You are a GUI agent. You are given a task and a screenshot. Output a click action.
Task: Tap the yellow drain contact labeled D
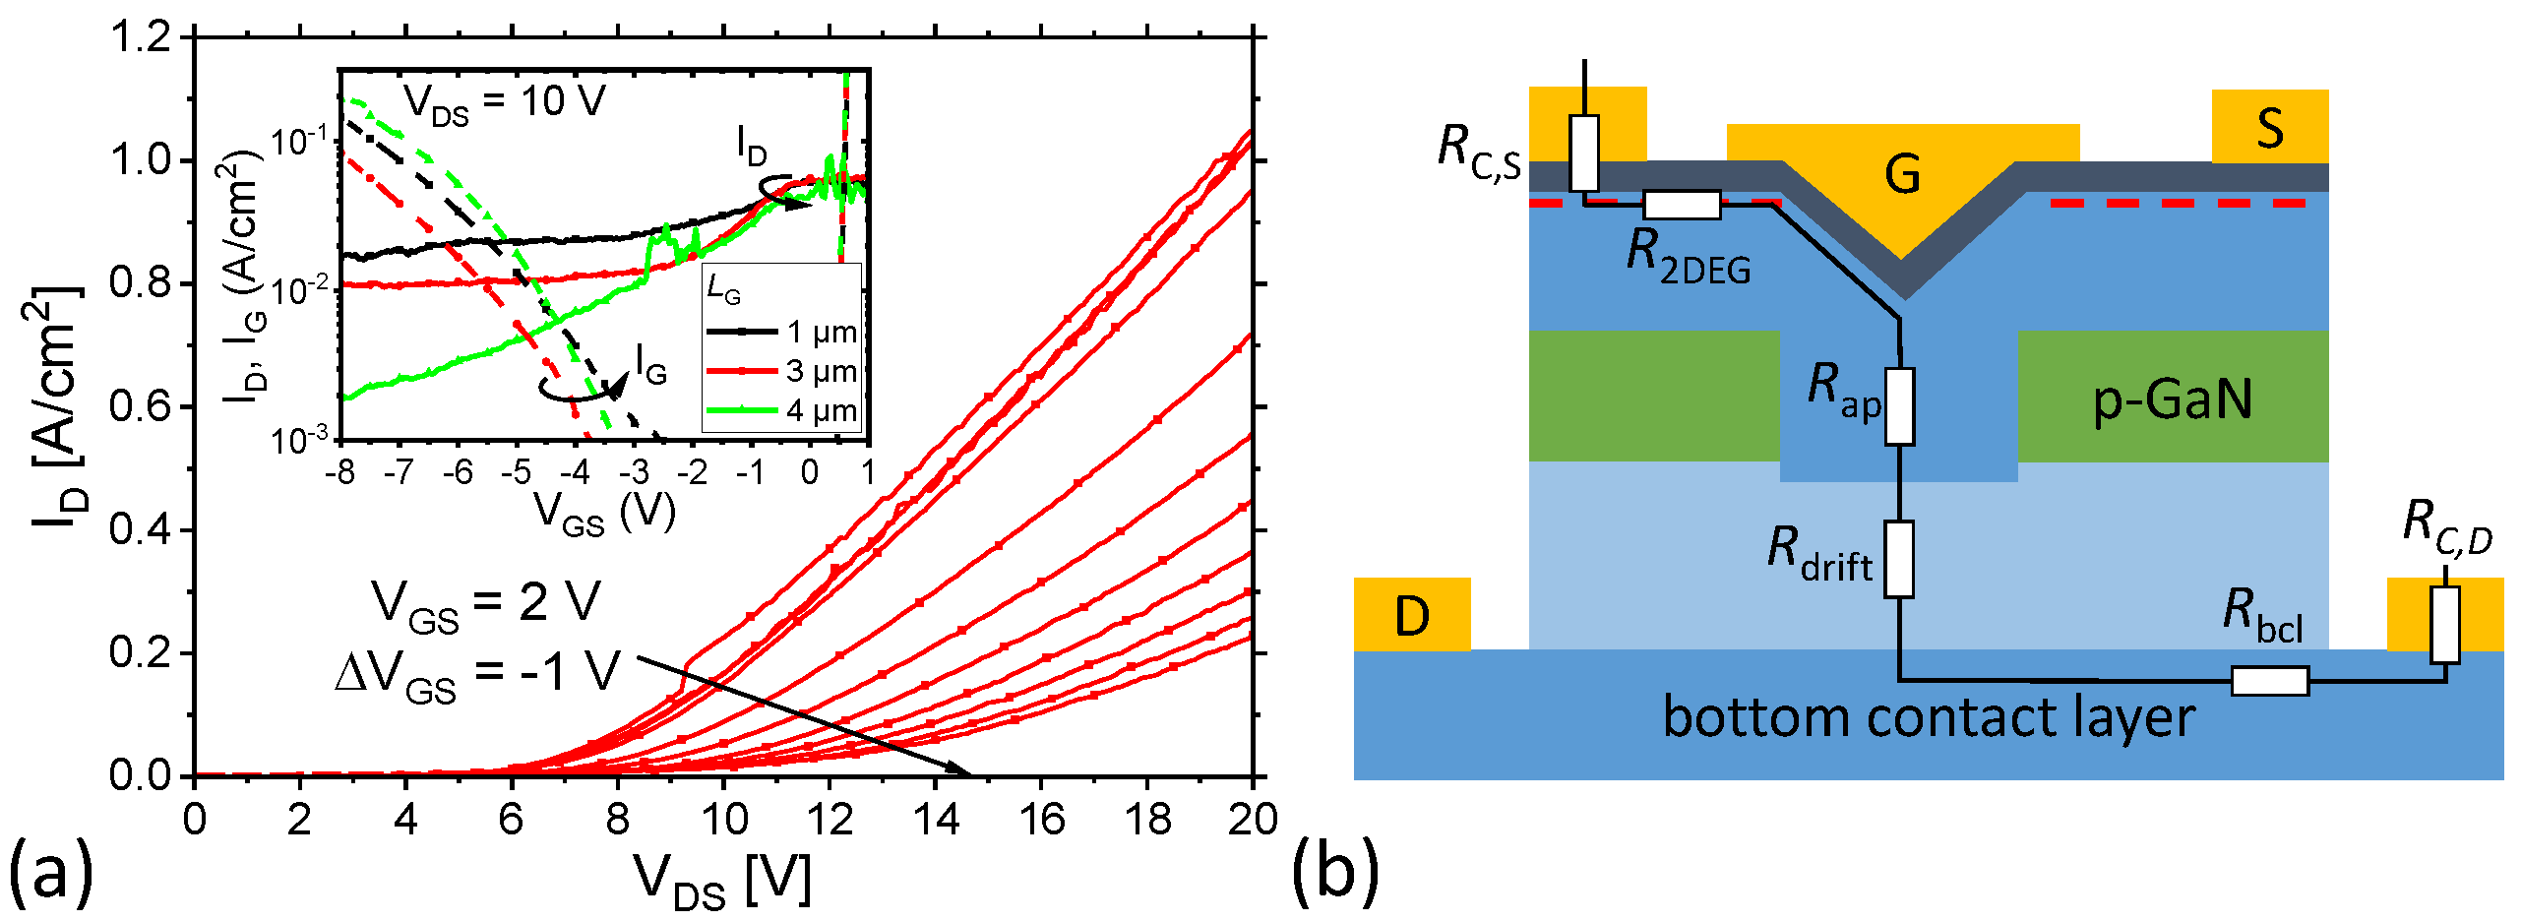1412,615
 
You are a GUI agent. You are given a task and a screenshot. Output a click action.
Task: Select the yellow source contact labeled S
2269,127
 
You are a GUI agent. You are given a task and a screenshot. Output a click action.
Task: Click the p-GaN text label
2172,399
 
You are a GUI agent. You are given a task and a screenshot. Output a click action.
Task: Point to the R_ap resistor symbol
1899,406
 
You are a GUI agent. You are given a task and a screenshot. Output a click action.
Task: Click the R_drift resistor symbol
1899,559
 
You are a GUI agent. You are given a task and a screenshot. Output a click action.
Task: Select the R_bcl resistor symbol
2269,681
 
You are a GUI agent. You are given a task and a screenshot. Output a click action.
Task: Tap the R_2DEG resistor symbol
1682,205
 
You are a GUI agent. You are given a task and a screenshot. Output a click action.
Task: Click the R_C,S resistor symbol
1584,153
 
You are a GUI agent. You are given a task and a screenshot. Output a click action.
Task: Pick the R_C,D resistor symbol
2444,625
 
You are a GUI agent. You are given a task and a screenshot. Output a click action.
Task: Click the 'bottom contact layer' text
1928,716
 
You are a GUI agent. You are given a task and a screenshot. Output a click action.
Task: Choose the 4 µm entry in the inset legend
782,410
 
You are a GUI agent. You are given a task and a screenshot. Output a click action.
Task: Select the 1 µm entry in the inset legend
782,332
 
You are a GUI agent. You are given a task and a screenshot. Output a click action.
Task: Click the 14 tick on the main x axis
935,819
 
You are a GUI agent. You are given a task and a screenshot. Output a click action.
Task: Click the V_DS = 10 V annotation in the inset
505,102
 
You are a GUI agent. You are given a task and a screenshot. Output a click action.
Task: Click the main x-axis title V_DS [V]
722,879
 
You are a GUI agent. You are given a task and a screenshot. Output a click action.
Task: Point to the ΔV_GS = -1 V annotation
478,674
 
